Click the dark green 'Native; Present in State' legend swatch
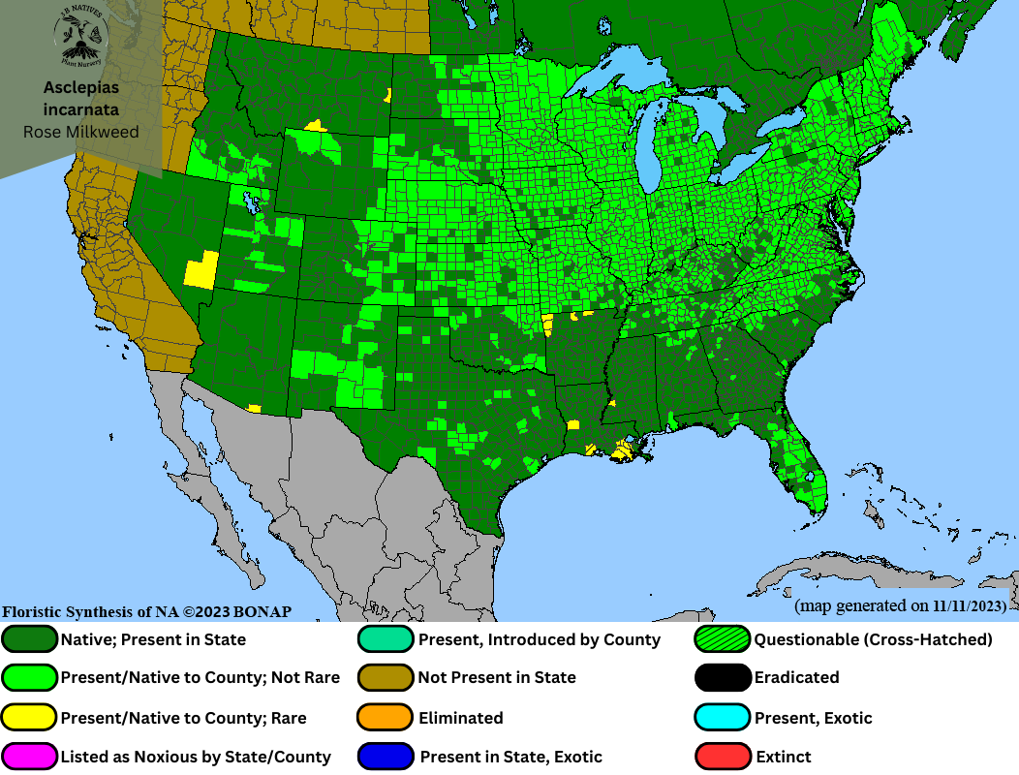[x=30, y=639]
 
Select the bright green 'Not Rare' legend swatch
[x=30, y=677]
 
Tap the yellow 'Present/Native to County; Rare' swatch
[x=30, y=718]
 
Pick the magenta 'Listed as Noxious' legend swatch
[x=30, y=757]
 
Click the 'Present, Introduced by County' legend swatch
[x=386, y=639]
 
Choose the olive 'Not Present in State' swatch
[x=386, y=677]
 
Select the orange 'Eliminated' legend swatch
[x=386, y=718]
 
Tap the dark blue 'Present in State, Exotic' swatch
[x=386, y=757]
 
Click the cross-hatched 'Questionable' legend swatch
[x=723, y=639]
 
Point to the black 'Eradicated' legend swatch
[x=723, y=677]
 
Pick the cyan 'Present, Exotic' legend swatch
[x=723, y=718]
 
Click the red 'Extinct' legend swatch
[x=723, y=757]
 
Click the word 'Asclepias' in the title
[x=81, y=88]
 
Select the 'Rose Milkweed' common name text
[x=81, y=132]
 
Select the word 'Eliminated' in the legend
[x=460, y=718]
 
